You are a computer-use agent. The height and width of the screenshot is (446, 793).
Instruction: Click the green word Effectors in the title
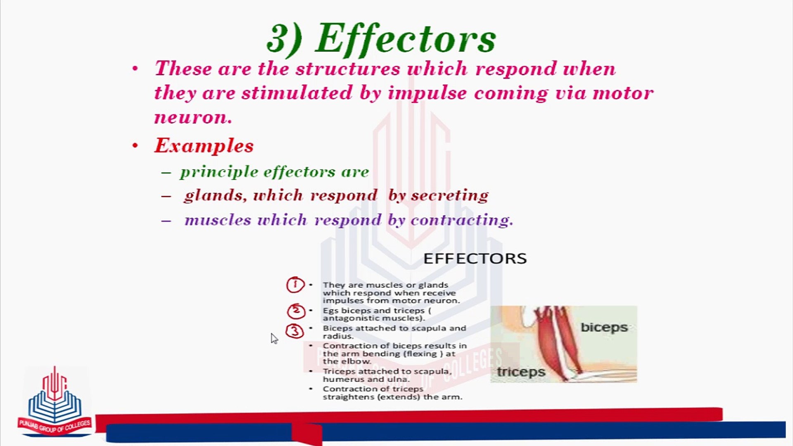point(406,38)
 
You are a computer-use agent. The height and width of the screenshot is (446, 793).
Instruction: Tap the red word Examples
point(204,146)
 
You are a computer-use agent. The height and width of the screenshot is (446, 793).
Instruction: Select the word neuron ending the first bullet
point(193,117)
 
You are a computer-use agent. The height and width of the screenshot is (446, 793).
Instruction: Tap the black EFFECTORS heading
point(475,259)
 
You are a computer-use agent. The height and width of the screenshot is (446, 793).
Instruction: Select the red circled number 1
point(295,285)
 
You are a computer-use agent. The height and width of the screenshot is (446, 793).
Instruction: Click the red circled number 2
point(296,311)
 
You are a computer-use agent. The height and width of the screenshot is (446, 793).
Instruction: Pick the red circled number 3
point(295,331)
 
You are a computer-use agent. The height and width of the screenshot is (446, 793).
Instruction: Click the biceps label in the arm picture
point(604,327)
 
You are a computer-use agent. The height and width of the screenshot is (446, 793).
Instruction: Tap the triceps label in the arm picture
point(521,372)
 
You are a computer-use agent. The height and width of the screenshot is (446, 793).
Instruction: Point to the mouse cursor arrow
point(274,339)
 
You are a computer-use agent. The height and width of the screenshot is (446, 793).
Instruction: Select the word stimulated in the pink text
point(297,93)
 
